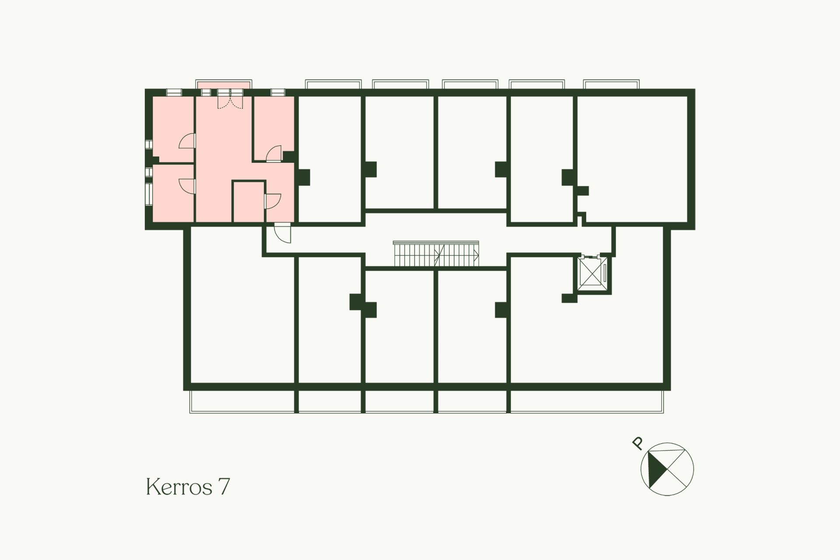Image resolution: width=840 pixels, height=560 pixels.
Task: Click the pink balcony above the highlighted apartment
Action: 224,84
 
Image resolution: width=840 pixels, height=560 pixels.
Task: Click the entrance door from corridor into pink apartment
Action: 283,233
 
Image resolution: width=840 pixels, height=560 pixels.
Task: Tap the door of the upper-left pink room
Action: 187,141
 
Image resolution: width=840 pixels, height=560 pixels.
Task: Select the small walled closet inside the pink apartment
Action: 248,202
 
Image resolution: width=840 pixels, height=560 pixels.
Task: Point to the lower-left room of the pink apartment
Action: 173,193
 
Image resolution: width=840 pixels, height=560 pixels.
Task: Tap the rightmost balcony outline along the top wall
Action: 612,84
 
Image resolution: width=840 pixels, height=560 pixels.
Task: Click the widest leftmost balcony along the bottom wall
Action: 242,402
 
